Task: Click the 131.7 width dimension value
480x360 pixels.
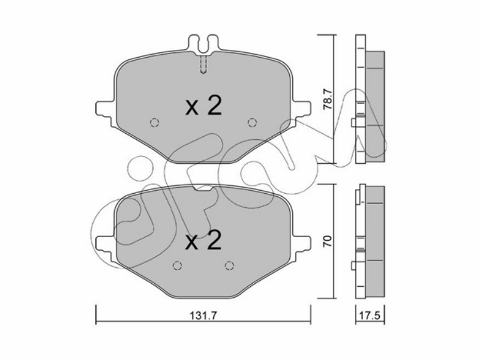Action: (x=203, y=316)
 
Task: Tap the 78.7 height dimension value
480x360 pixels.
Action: (x=328, y=100)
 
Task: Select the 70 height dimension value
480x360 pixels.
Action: (x=328, y=241)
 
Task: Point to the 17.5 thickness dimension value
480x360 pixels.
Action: (x=370, y=316)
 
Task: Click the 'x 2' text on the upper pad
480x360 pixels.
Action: (x=203, y=106)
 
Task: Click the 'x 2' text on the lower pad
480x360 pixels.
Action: (x=203, y=241)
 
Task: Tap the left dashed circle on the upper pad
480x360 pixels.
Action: (x=155, y=123)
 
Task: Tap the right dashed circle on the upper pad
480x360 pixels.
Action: (x=252, y=123)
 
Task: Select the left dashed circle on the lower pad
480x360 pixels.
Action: (x=177, y=266)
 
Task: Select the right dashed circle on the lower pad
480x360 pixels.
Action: (x=229, y=266)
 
